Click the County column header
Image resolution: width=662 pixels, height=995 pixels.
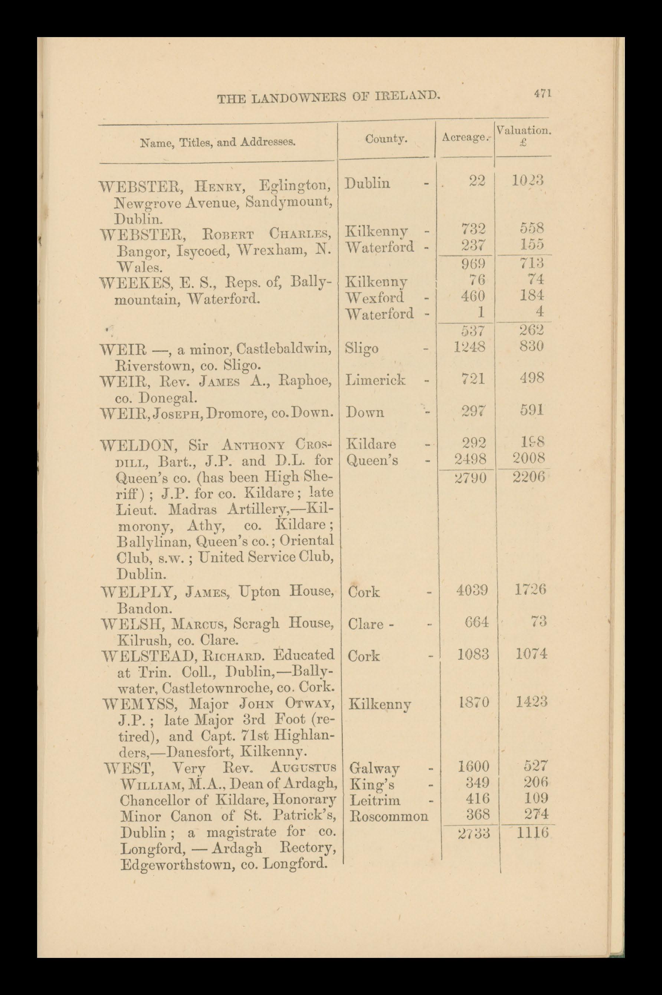(x=386, y=138)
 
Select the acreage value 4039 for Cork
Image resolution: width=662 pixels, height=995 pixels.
(x=472, y=590)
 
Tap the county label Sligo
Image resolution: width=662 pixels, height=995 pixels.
(x=362, y=349)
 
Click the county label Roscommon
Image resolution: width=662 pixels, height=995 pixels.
(x=389, y=816)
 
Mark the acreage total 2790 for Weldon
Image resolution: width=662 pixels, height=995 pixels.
(x=472, y=478)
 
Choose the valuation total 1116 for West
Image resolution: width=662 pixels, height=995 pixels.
(x=532, y=833)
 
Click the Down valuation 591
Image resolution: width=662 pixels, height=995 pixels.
(x=531, y=410)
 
